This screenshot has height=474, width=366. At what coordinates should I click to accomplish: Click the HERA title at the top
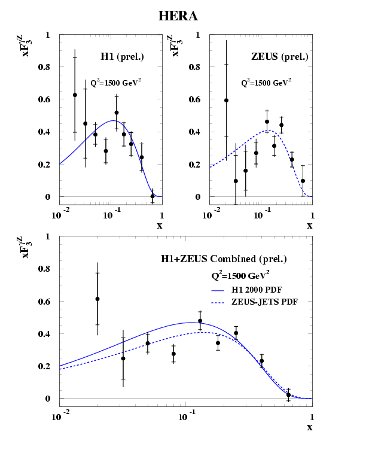(x=178, y=16)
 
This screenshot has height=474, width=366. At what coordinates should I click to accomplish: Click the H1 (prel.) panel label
(x=122, y=57)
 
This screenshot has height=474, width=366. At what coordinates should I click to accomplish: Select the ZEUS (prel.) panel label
(x=280, y=57)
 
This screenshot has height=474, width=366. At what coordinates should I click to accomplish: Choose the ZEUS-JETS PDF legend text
(x=267, y=302)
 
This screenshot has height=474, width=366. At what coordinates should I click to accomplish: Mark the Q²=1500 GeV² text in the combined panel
(x=240, y=275)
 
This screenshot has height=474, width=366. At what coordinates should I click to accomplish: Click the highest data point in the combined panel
(x=97, y=299)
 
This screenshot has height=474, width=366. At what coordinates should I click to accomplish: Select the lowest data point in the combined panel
(x=288, y=395)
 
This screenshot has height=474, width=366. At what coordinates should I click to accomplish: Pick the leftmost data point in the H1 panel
(x=75, y=95)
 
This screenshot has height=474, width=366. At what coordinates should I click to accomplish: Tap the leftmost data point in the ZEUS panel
(x=226, y=101)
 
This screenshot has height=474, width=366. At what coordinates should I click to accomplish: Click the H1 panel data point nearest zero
(x=152, y=196)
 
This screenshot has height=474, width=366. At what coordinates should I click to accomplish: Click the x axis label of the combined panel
(x=309, y=427)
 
